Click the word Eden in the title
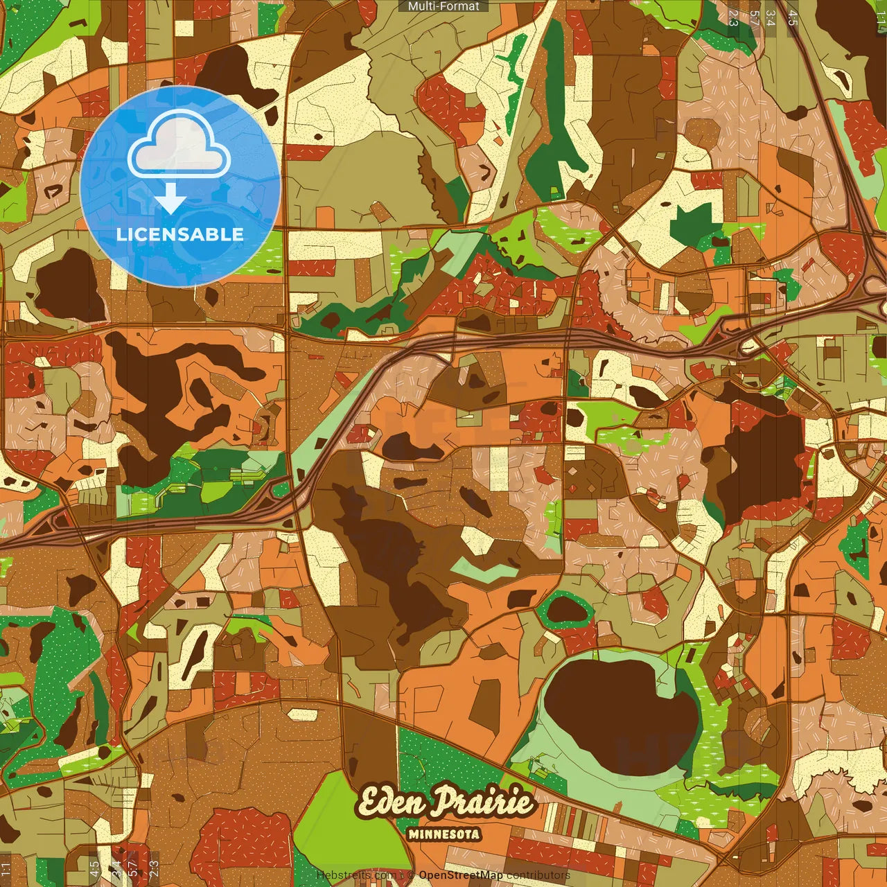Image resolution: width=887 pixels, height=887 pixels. (x=391, y=802)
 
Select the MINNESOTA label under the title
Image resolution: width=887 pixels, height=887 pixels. (x=443, y=834)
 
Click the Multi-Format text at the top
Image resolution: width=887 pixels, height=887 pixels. (x=443, y=6)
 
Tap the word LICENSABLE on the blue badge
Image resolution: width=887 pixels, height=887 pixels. (x=180, y=234)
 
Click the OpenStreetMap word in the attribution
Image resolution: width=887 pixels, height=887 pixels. (x=461, y=875)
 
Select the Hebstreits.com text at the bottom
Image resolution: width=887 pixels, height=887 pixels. (x=355, y=875)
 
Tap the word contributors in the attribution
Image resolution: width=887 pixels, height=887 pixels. (x=538, y=875)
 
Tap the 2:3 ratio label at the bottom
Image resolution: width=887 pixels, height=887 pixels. (x=154, y=868)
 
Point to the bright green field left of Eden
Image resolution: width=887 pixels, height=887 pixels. (x=326, y=818)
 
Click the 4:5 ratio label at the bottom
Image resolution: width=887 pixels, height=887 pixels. (x=94, y=868)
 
